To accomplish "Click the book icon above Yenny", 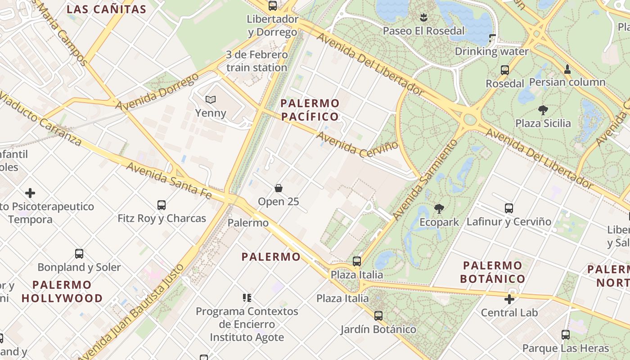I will point(210,99).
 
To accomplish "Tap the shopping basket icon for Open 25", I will point(279,188).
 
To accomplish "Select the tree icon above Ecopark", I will point(439,208).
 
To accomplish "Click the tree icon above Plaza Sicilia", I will point(543,110).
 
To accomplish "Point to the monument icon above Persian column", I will point(567,69).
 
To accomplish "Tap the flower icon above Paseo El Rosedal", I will point(423,18).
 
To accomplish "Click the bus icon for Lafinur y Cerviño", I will point(509,208).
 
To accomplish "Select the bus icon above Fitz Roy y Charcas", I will point(162,205).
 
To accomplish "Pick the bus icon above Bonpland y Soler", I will point(79,254).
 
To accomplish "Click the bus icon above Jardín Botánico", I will point(378,316).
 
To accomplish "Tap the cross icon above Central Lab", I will point(509,299).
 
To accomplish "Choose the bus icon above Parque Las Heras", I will point(566,335).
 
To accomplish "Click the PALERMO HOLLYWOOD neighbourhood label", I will point(62,292).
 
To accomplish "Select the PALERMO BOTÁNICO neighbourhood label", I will point(492,272).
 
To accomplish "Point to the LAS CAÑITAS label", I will point(107,9).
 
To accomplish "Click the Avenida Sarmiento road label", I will point(425,180).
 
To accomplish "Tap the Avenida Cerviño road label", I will point(357,144).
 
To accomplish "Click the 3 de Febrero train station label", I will point(256,61).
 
